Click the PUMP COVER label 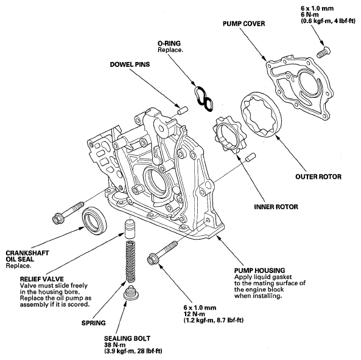pyautogui.click(x=244, y=24)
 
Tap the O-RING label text pyautogui.click(x=169, y=43)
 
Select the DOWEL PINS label pyautogui.click(x=130, y=64)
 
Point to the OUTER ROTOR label pyautogui.click(x=318, y=177)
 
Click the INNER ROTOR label pyautogui.click(x=276, y=207)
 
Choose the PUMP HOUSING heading pyautogui.click(x=259, y=270)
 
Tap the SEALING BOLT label pyautogui.click(x=127, y=338)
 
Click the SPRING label pyautogui.click(x=94, y=323)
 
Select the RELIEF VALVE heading pyautogui.click(x=41, y=279)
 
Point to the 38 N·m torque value pyautogui.click(x=114, y=345)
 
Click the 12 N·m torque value pyautogui.click(x=194, y=314)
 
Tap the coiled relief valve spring pyautogui.click(x=130, y=261)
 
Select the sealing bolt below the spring pyautogui.click(x=131, y=293)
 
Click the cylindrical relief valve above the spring pyautogui.click(x=130, y=229)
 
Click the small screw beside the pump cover pyautogui.click(x=323, y=52)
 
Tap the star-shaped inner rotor pyautogui.click(x=229, y=135)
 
